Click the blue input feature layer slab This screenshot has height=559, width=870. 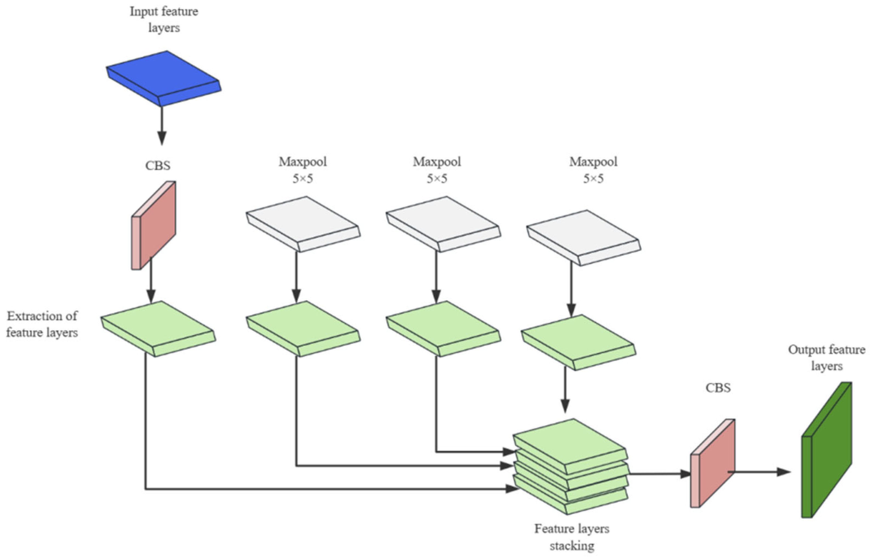[x=164, y=78]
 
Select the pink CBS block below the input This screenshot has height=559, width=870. [x=153, y=225]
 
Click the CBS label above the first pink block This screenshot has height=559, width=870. [x=158, y=165]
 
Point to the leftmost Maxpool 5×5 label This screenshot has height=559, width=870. [x=303, y=170]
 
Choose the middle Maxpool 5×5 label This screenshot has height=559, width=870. [x=437, y=170]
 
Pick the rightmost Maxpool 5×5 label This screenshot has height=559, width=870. [x=593, y=170]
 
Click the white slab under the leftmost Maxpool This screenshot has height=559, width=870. [x=303, y=224]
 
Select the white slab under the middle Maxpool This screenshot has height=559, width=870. [x=443, y=224]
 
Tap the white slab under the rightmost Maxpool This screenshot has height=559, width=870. [x=584, y=238]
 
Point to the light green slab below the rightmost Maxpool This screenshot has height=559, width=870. [x=579, y=342]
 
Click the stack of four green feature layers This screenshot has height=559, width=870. [x=570, y=466]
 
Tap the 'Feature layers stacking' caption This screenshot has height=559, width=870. [x=572, y=537]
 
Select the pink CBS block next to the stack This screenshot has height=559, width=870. [x=713, y=463]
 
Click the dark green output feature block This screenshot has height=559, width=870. [x=827, y=450]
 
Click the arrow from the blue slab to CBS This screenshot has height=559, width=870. [x=162, y=126]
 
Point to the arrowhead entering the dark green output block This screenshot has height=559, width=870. [x=784, y=472]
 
